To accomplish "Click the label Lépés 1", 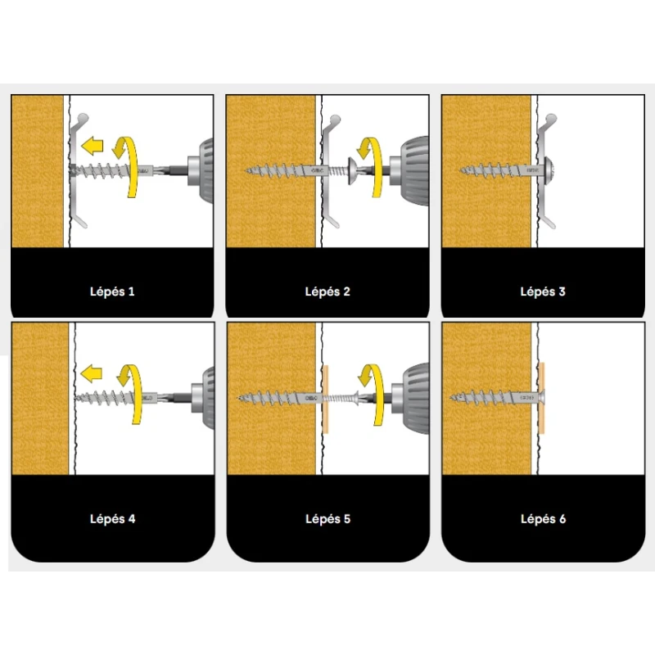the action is (x=112, y=291).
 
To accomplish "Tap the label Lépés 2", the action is (x=327, y=291).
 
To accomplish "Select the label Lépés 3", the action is (x=543, y=291).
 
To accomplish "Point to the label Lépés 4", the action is (x=112, y=519).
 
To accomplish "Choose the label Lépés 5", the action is (x=328, y=519).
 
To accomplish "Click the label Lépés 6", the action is (x=543, y=519).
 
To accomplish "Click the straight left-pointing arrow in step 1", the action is (x=92, y=146).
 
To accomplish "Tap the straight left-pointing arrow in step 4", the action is (x=91, y=373).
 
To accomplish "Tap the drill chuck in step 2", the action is (x=409, y=170).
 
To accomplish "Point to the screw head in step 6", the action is (x=542, y=398).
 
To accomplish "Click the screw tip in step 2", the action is (x=245, y=170).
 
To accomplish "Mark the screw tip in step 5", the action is (x=239, y=398).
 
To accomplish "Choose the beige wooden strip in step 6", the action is (x=542, y=398).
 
